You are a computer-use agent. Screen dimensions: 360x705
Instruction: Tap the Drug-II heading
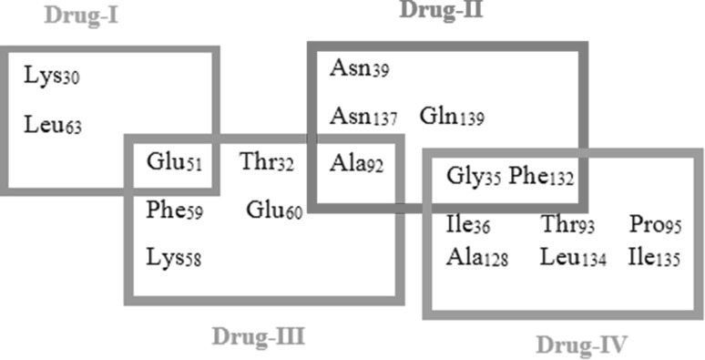[x=442, y=11]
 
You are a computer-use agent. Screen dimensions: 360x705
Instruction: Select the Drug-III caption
[x=258, y=336]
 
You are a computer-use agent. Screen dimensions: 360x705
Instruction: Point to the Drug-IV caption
[x=582, y=345]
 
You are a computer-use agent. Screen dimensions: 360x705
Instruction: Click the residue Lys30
[x=52, y=76]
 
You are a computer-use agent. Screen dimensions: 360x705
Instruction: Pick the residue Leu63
[x=52, y=124]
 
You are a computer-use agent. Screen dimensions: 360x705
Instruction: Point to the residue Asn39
[x=359, y=68]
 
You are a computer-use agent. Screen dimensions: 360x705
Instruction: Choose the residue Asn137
[x=363, y=117]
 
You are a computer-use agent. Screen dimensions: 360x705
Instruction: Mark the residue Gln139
[x=452, y=117]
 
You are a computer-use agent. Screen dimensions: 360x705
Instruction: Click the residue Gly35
[x=474, y=176]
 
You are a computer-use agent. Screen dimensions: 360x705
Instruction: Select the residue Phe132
[x=541, y=176]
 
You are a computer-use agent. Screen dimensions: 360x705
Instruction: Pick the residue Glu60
[x=274, y=211]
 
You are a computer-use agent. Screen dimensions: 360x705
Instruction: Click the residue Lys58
[x=173, y=257]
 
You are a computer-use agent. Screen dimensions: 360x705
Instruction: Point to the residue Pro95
[x=655, y=224]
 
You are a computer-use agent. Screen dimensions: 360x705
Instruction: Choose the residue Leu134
[x=573, y=258]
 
